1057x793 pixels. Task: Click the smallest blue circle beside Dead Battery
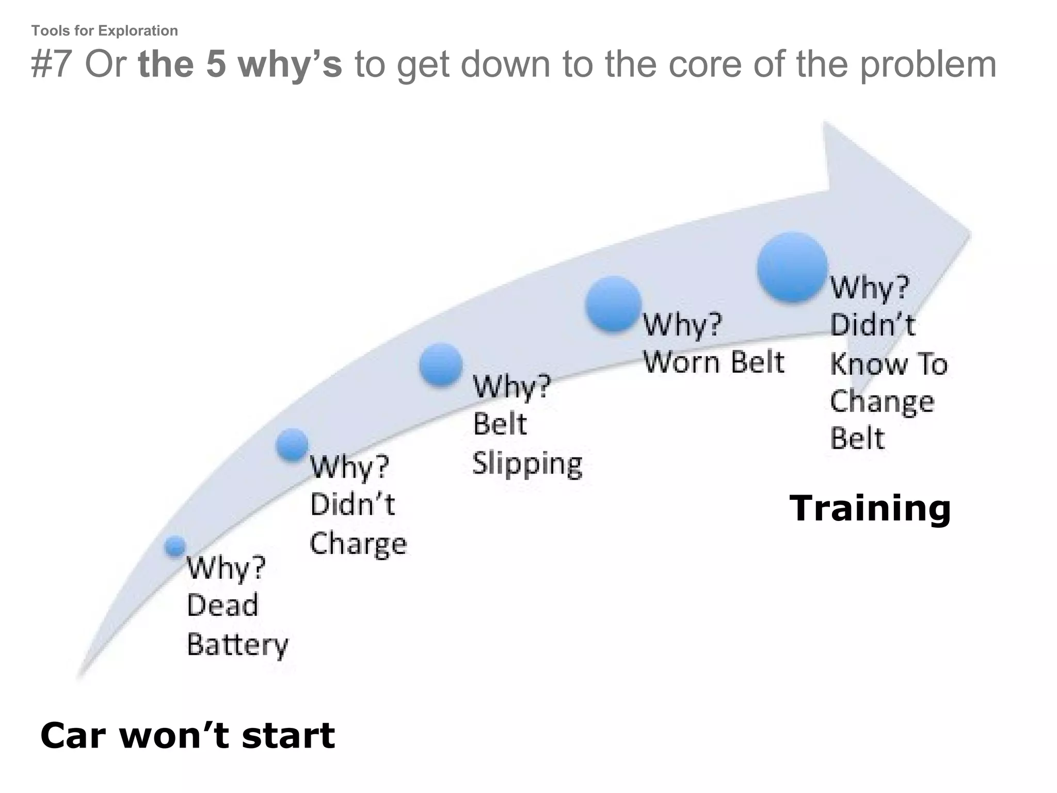(x=175, y=546)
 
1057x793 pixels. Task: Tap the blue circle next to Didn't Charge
(x=292, y=445)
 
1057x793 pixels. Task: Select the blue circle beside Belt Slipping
(x=441, y=364)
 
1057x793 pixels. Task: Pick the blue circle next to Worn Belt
(x=613, y=304)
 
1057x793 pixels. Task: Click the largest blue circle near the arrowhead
(x=792, y=267)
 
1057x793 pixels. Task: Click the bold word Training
(x=870, y=509)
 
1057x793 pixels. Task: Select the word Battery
(x=237, y=645)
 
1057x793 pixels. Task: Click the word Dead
(x=222, y=605)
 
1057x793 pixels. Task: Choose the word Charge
(x=358, y=544)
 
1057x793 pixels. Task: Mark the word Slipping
(x=527, y=463)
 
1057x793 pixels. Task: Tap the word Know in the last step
(x=868, y=364)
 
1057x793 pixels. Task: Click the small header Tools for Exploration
(x=105, y=31)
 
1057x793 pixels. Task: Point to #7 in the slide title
(x=51, y=65)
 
